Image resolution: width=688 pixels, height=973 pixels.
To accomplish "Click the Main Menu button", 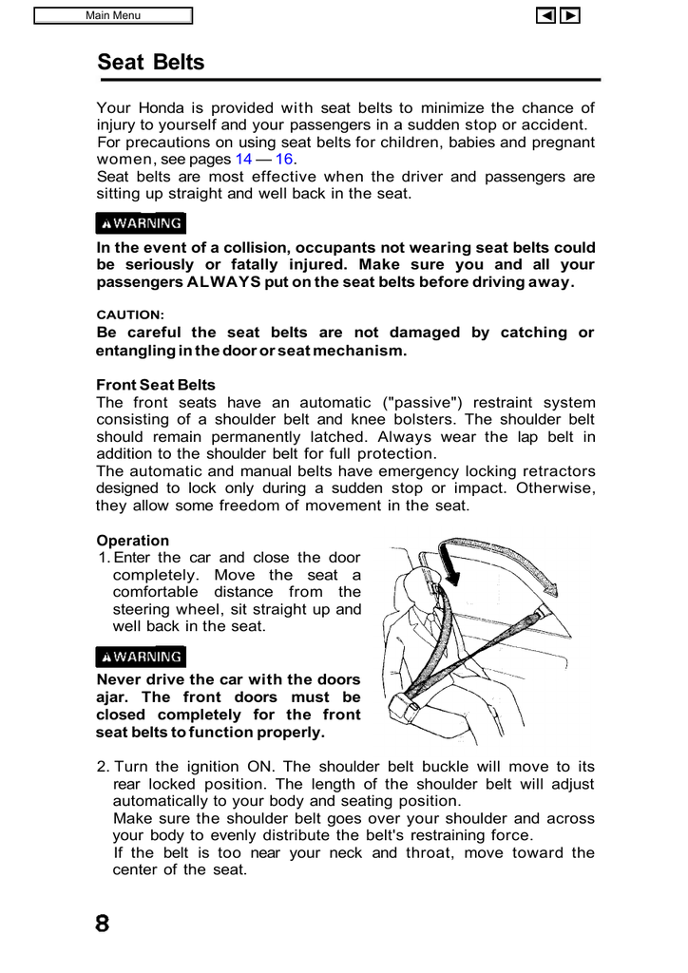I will tap(113, 15).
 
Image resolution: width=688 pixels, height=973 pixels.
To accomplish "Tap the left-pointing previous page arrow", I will tap(545, 15).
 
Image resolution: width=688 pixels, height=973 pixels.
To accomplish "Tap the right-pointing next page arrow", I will tap(570, 15).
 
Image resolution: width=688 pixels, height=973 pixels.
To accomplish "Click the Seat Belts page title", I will tap(150, 63).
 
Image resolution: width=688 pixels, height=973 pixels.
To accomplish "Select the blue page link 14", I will tap(243, 160).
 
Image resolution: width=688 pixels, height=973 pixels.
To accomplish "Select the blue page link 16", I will tap(283, 160).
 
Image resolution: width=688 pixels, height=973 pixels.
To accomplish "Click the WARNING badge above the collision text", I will tap(142, 223).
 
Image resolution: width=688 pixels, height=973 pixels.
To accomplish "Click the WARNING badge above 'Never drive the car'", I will tap(142, 657).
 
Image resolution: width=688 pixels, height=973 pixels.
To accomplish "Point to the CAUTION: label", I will tap(130, 315).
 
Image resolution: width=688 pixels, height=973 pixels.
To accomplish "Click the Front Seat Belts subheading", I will tap(156, 385).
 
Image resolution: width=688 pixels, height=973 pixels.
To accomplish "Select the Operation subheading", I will tap(132, 541).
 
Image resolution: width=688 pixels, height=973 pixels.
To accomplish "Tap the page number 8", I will tap(103, 924).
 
